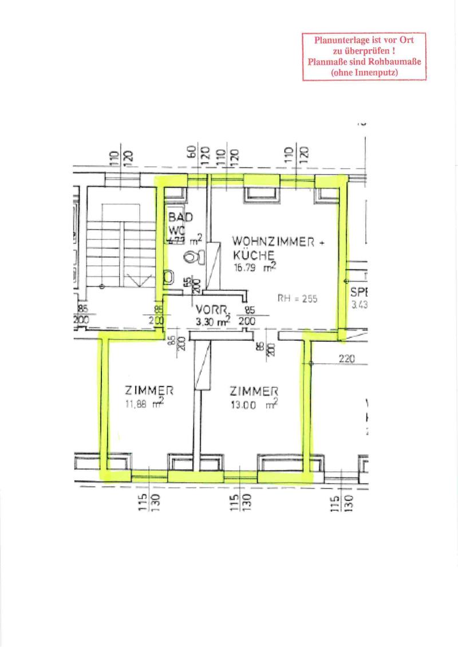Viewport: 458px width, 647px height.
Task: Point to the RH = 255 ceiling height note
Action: click(297, 298)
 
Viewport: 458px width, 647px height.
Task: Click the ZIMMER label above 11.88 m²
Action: click(149, 391)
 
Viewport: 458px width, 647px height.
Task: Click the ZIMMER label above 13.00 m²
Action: click(254, 392)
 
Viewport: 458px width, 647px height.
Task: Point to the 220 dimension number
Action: click(347, 360)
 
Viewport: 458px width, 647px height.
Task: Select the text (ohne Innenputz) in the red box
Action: click(364, 72)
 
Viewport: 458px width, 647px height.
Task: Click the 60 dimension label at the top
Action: click(193, 152)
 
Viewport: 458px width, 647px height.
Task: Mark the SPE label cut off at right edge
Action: click(358, 291)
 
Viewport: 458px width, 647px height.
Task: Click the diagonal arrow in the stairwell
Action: click(140, 282)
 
